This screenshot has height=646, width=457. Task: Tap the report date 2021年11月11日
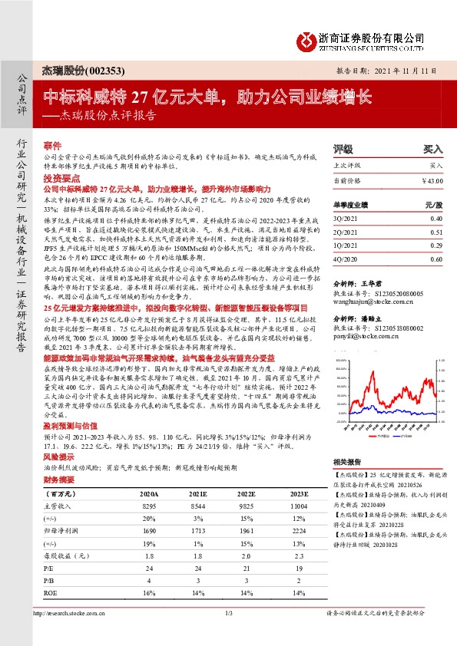[402, 71]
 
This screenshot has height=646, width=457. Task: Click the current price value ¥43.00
[432, 180]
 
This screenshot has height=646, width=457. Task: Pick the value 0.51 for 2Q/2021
[436, 231]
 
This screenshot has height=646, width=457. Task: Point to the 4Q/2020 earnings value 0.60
[436, 259]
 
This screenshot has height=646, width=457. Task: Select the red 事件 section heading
[52, 145]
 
